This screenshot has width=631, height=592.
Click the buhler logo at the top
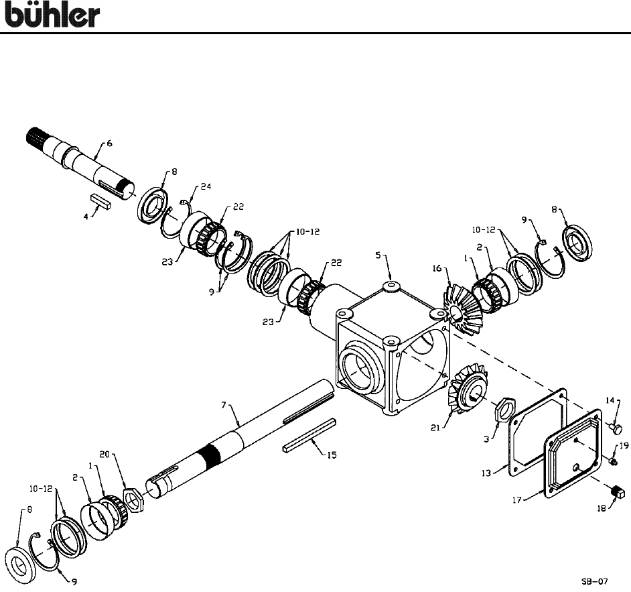click(x=53, y=15)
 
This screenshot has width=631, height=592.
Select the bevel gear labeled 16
click(x=462, y=304)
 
